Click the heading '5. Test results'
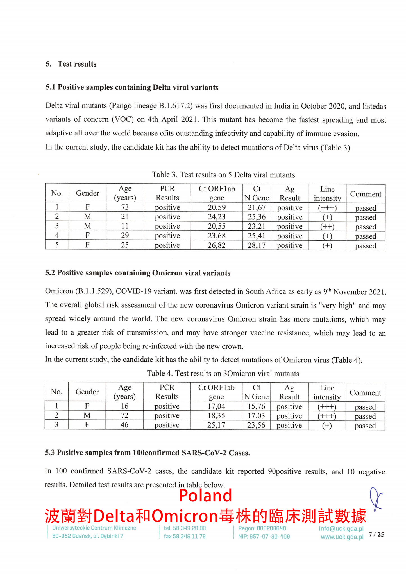pyautogui.click(x=71, y=64)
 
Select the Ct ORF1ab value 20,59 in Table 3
pyautogui.click(x=217, y=207)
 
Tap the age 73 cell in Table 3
pyautogui.click(x=125, y=207)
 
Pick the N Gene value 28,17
pyautogui.click(x=257, y=245)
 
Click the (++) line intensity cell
pyautogui.click(x=327, y=227)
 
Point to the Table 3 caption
pyautogui.click(x=223, y=175)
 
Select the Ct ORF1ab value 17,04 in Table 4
pyautogui.click(x=216, y=406)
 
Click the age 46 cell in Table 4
pyautogui.click(x=124, y=425)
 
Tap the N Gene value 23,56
pyautogui.click(x=256, y=425)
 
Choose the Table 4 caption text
pyautogui.click(x=223, y=374)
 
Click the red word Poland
pyautogui.click(x=205, y=496)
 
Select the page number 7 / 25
pyautogui.click(x=376, y=534)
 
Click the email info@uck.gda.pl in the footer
pyautogui.click(x=341, y=528)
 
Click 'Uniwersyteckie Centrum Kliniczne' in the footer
pyautogui.click(x=94, y=528)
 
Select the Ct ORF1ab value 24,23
pyautogui.click(x=217, y=217)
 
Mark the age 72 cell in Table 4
pyautogui.click(x=124, y=415)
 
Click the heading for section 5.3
pyautogui.click(x=147, y=453)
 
